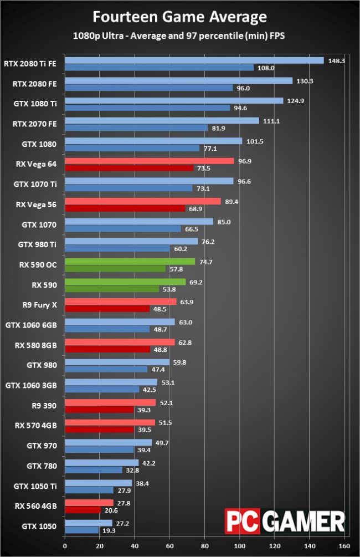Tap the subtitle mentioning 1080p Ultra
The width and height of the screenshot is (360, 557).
tap(179, 35)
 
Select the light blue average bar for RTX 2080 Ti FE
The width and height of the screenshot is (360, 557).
tap(194, 60)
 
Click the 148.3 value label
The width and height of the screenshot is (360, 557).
tap(336, 61)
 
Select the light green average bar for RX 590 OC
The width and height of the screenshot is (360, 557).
tap(130, 262)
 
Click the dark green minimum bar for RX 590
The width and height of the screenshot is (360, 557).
tap(120, 289)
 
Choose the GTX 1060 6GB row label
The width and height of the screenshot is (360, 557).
tap(34, 323)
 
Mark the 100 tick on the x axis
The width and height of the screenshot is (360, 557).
tap(240, 545)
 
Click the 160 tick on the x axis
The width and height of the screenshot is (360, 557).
tap(344, 545)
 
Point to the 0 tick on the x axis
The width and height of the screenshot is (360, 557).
tap(65, 545)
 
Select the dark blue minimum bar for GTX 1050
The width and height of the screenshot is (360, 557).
tap(82, 530)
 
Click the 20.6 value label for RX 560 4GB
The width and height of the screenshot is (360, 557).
tap(114, 510)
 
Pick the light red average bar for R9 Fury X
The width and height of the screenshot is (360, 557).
tap(121, 302)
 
